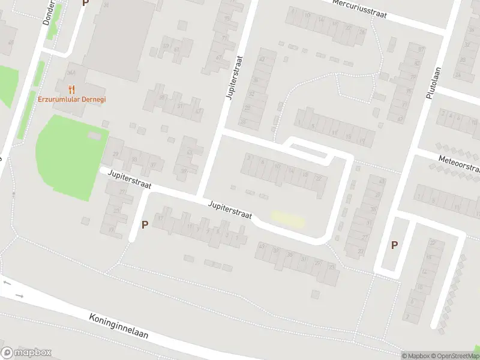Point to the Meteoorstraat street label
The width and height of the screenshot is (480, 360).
coord(460,163)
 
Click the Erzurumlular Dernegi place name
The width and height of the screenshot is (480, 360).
coord(72,100)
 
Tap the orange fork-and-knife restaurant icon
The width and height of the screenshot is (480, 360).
coord(72,89)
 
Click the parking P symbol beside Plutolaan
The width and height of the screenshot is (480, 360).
coord(394,245)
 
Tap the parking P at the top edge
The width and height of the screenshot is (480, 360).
coord(85,3)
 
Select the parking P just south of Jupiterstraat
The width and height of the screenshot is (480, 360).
coord(145,225)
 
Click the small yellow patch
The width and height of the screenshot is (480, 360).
coord(288,219)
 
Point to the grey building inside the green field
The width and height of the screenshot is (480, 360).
coord(95,136)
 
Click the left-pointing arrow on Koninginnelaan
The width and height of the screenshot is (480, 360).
coord(7,282)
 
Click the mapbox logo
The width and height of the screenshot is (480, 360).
coord(26,353)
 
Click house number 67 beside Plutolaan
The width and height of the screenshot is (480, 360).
coord(399,119)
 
